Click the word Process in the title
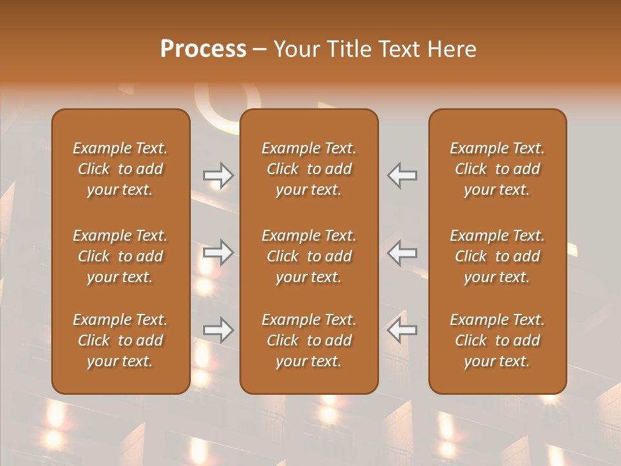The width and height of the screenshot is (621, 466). pos(203,49)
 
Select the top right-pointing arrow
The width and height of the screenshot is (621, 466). pos(219,175)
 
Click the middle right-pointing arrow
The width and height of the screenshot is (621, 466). pos(219,252)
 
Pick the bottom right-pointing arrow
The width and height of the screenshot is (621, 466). pos(219,330)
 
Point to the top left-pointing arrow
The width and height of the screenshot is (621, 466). pos(402,175)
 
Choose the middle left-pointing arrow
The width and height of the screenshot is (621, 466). pos(402,252)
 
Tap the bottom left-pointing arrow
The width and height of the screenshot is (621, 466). pos(402,330)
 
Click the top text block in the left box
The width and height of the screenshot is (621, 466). pos(120,169)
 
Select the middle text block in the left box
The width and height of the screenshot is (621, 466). pos(120,256)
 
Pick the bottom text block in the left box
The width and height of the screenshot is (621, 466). pos(120,340)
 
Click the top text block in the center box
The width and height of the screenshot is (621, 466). pos(309,169)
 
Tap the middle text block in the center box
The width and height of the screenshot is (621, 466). pos(309,256)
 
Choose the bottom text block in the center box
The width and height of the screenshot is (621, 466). pos(309,340)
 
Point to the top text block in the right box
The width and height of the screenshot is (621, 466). pos(497,169)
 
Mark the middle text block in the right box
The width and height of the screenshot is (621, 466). pos(497,256)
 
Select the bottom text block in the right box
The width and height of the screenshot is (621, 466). pos(497,340)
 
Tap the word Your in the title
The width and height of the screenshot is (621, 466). pos(295,49)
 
